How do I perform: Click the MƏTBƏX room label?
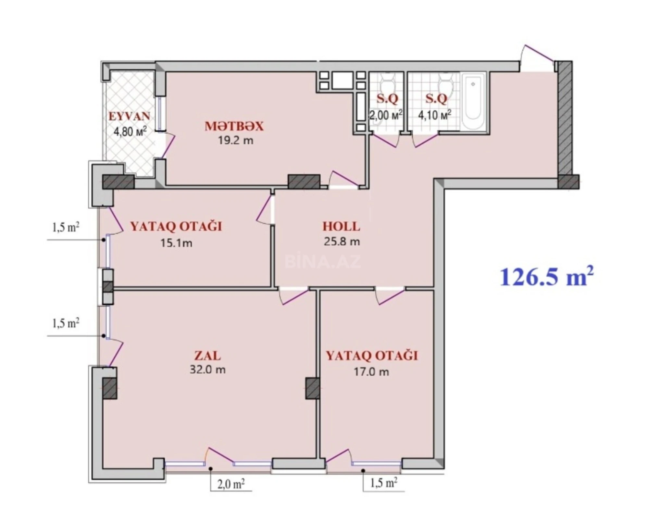(x=234, y=126)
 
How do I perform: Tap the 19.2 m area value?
(x=235, y=140)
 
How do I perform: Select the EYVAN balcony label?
(x=129, y=116)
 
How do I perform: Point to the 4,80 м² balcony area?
(x=130, y=131)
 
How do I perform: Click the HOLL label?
(x=341, y=226)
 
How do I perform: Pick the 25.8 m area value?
(x=342, y=241)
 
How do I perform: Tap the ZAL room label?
(x=207, y=356)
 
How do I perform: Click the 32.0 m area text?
(x=207, y=369)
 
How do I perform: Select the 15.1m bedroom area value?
(x=176, y=243)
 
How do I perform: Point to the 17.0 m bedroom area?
(x=371, y=371)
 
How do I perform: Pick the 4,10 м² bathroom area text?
(x=434, y=115)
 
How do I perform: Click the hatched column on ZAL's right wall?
(x=312, y=388)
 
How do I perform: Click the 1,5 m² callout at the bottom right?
(x=384, y=483)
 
